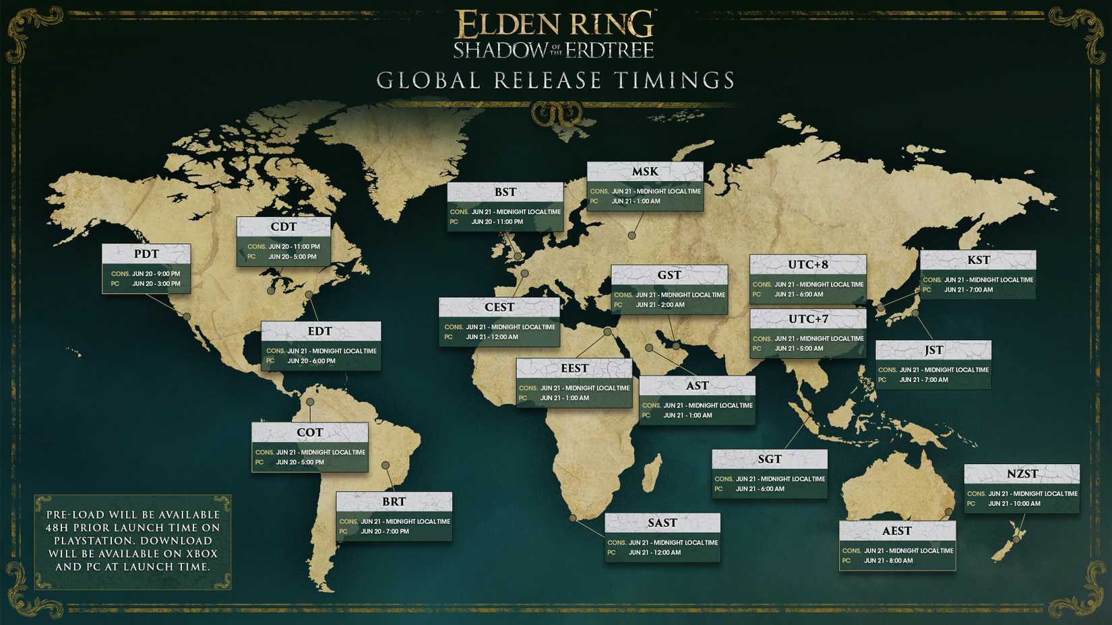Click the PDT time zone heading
(x=146, y=254)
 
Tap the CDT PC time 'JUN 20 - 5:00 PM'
(x=292, y=257)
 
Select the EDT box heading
(x=320, y=331)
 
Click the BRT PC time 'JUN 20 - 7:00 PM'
(x=385, y=531)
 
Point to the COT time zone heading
(x=310, y=432)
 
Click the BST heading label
(x=505, y=192)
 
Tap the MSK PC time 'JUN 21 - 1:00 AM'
(x=636, y=201)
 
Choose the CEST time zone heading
(x=499, y=307)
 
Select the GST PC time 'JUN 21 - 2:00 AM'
(x=660, y=305)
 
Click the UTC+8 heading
(x=808, y=265)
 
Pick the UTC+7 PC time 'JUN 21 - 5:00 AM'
(x=799, y=349)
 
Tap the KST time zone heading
(x=979, y=260)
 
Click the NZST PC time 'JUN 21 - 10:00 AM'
(x=1014, y=504)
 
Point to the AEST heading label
(x=897, y=531)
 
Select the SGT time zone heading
(x=770, y=459)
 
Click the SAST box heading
(x=662, y=523)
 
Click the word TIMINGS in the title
(x=675, y=81)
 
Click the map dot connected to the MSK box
(x=631, y=236)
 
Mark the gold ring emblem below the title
(x=556, y=114)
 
